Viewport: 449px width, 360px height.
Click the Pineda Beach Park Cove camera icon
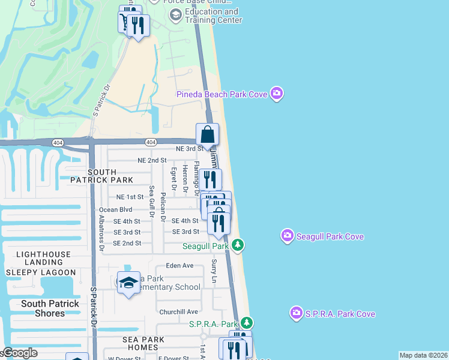277,93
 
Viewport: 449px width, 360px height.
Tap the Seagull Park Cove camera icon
288,236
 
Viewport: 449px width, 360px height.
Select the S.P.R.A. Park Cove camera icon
296,313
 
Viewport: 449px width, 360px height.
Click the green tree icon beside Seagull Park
238,245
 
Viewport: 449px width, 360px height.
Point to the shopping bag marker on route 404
207,134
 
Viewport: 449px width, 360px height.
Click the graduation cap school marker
128,282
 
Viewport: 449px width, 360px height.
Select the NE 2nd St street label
151,160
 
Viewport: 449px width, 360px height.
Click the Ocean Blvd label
116,209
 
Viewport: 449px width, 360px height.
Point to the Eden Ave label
180,265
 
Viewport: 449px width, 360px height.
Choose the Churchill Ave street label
178,311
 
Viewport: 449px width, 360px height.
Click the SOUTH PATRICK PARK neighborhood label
101,176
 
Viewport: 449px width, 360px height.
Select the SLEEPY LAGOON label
41,272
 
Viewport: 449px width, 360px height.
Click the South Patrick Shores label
50,308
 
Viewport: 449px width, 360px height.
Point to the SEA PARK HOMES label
139,343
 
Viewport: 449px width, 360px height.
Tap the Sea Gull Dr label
152,203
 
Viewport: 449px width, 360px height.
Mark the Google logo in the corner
19,353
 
